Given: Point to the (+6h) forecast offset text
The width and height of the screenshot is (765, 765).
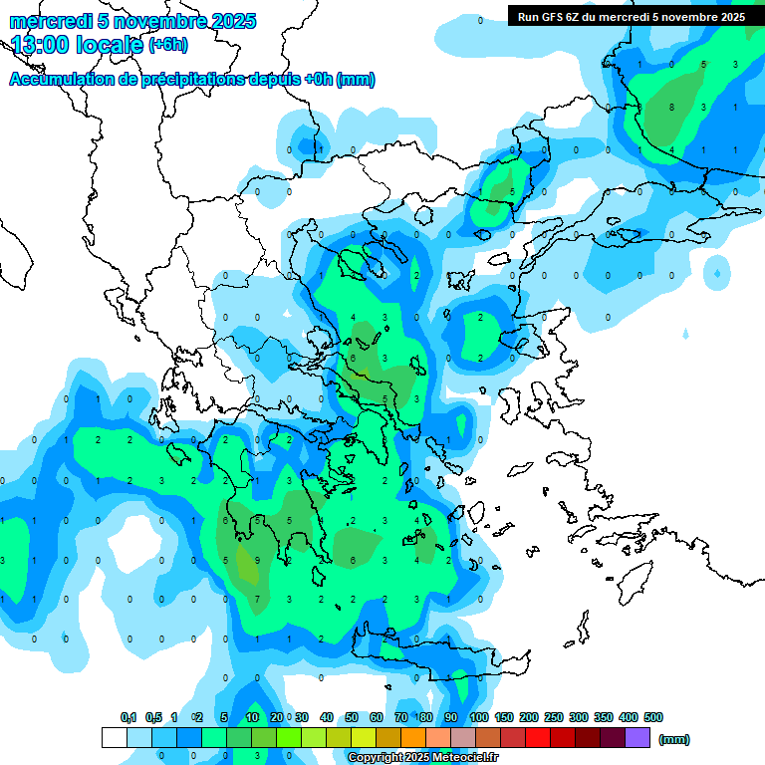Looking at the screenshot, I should click(167, 45).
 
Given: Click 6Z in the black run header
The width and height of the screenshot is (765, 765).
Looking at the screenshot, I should click(582, 17).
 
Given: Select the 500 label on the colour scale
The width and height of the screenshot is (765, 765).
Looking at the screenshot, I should click(653, 717).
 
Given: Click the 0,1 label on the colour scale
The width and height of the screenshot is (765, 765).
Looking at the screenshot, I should click(128, 717).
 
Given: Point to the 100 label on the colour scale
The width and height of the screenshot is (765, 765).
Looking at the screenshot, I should click(479, 717).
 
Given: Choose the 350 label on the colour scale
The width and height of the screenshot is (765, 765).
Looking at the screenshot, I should click(604, 717).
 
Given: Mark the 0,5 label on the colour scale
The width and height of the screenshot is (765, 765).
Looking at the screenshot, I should click(153, 717).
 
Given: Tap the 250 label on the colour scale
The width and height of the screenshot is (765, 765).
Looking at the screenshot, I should click(554, 717).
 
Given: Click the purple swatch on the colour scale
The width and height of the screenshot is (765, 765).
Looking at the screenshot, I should click(637, 738).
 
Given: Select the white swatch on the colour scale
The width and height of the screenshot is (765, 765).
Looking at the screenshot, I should click(115, 738).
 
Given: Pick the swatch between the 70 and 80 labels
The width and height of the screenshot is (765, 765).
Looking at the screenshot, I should click(413, 738).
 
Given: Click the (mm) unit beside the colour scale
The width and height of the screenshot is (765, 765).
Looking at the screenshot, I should click(674, 739).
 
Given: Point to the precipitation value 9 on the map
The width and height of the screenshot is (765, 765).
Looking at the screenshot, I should click(257, 560).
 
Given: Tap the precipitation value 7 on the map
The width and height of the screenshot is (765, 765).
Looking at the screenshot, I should click(257, 599).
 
